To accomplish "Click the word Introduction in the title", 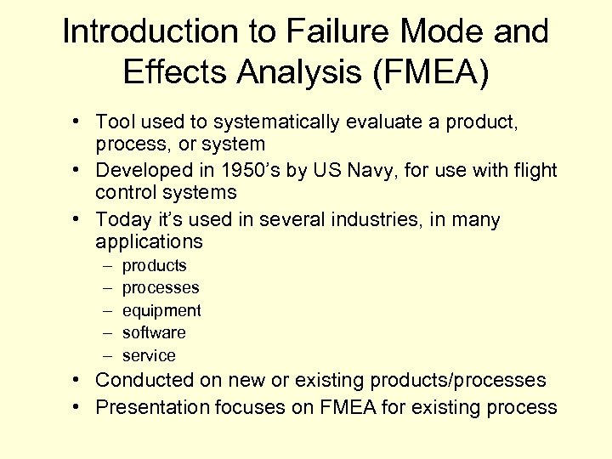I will [x=137, y=32].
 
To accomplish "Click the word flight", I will [x=533, y=170].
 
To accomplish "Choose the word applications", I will [x=150, y=241].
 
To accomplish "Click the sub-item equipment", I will [x=161, y=311].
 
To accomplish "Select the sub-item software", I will [x=154, y=333].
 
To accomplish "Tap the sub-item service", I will [x=149, y=356].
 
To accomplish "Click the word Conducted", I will [x=142, y=380].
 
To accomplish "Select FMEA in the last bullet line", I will [x=346, y=407].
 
